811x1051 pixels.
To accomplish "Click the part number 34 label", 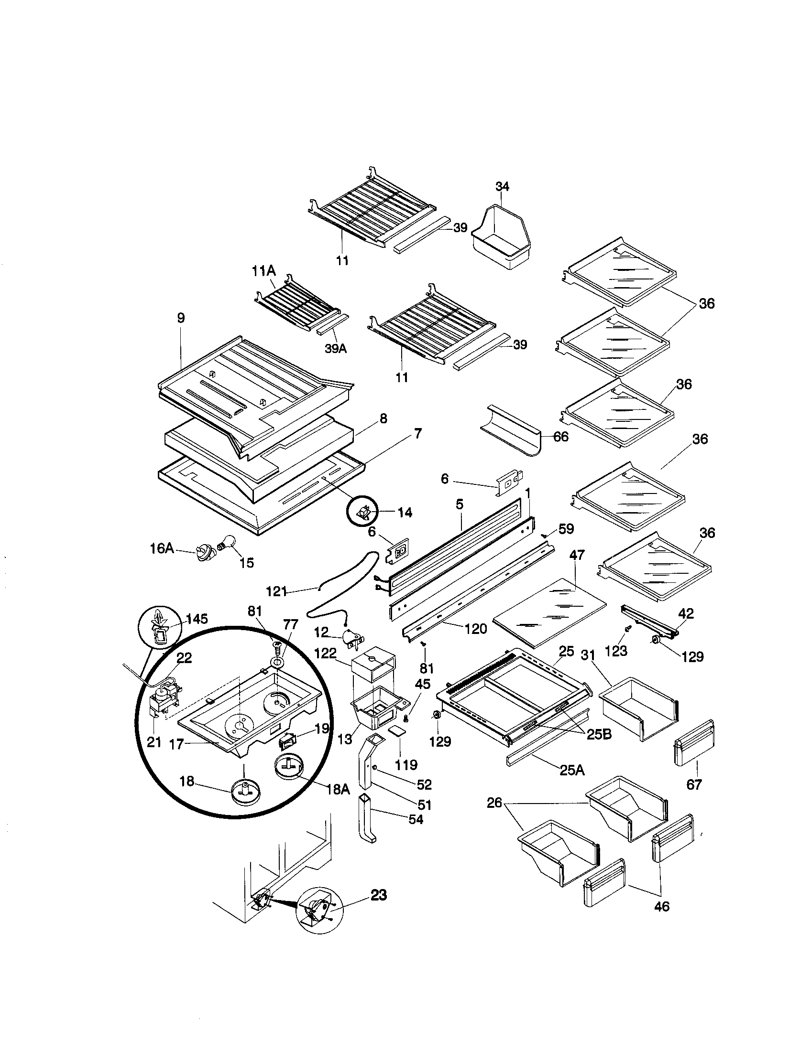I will point(502,186).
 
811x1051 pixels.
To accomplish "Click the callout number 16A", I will point(161,548).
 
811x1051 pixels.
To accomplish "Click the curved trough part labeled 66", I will point(512,430).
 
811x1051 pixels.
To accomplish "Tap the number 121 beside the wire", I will point(276,591).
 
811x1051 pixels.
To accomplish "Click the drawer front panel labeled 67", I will point(694,743).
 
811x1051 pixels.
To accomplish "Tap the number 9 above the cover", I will point(181,318).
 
